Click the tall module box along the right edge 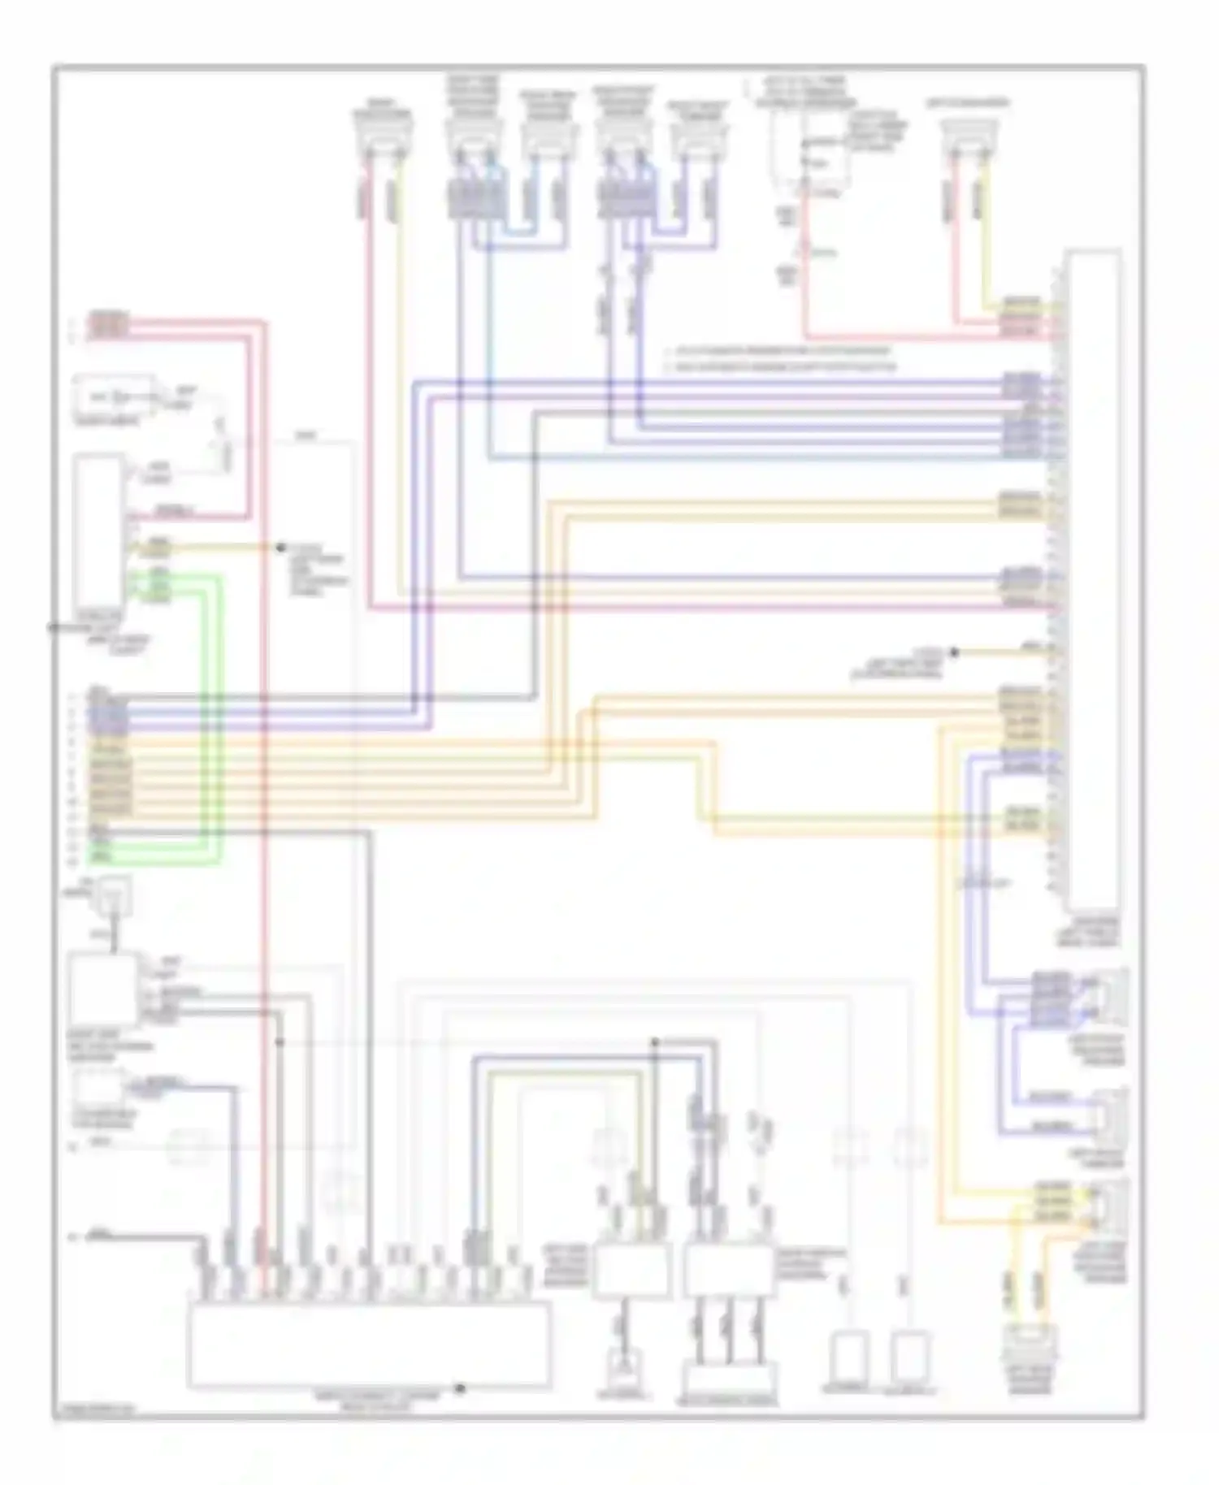(1094, 581)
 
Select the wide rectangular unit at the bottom (369, 1344)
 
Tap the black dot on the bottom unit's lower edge (459, 1388)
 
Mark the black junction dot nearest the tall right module (954, 652)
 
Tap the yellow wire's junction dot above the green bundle (280, 548)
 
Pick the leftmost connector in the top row (383, 135)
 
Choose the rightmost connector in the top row (969, 135)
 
